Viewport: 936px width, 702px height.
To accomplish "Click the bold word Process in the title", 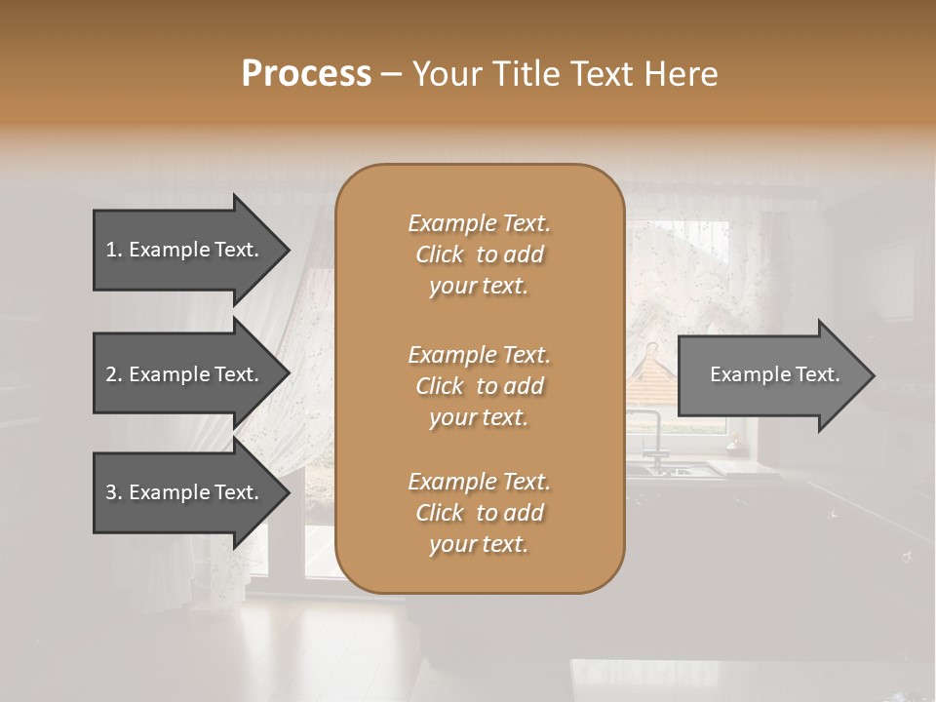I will (x=306, y=74).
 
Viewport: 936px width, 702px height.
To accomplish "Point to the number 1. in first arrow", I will (x=114, y=250).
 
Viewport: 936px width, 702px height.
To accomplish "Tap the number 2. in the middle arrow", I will (x=114, y=374).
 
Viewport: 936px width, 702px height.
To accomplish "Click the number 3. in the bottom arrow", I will (x=114, y=492).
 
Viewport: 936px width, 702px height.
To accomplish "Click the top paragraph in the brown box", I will (x=479, y=254).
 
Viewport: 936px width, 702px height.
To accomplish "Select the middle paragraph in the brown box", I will (x=479, y=385).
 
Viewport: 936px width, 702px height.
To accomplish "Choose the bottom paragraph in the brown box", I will (x=479, y=513).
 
